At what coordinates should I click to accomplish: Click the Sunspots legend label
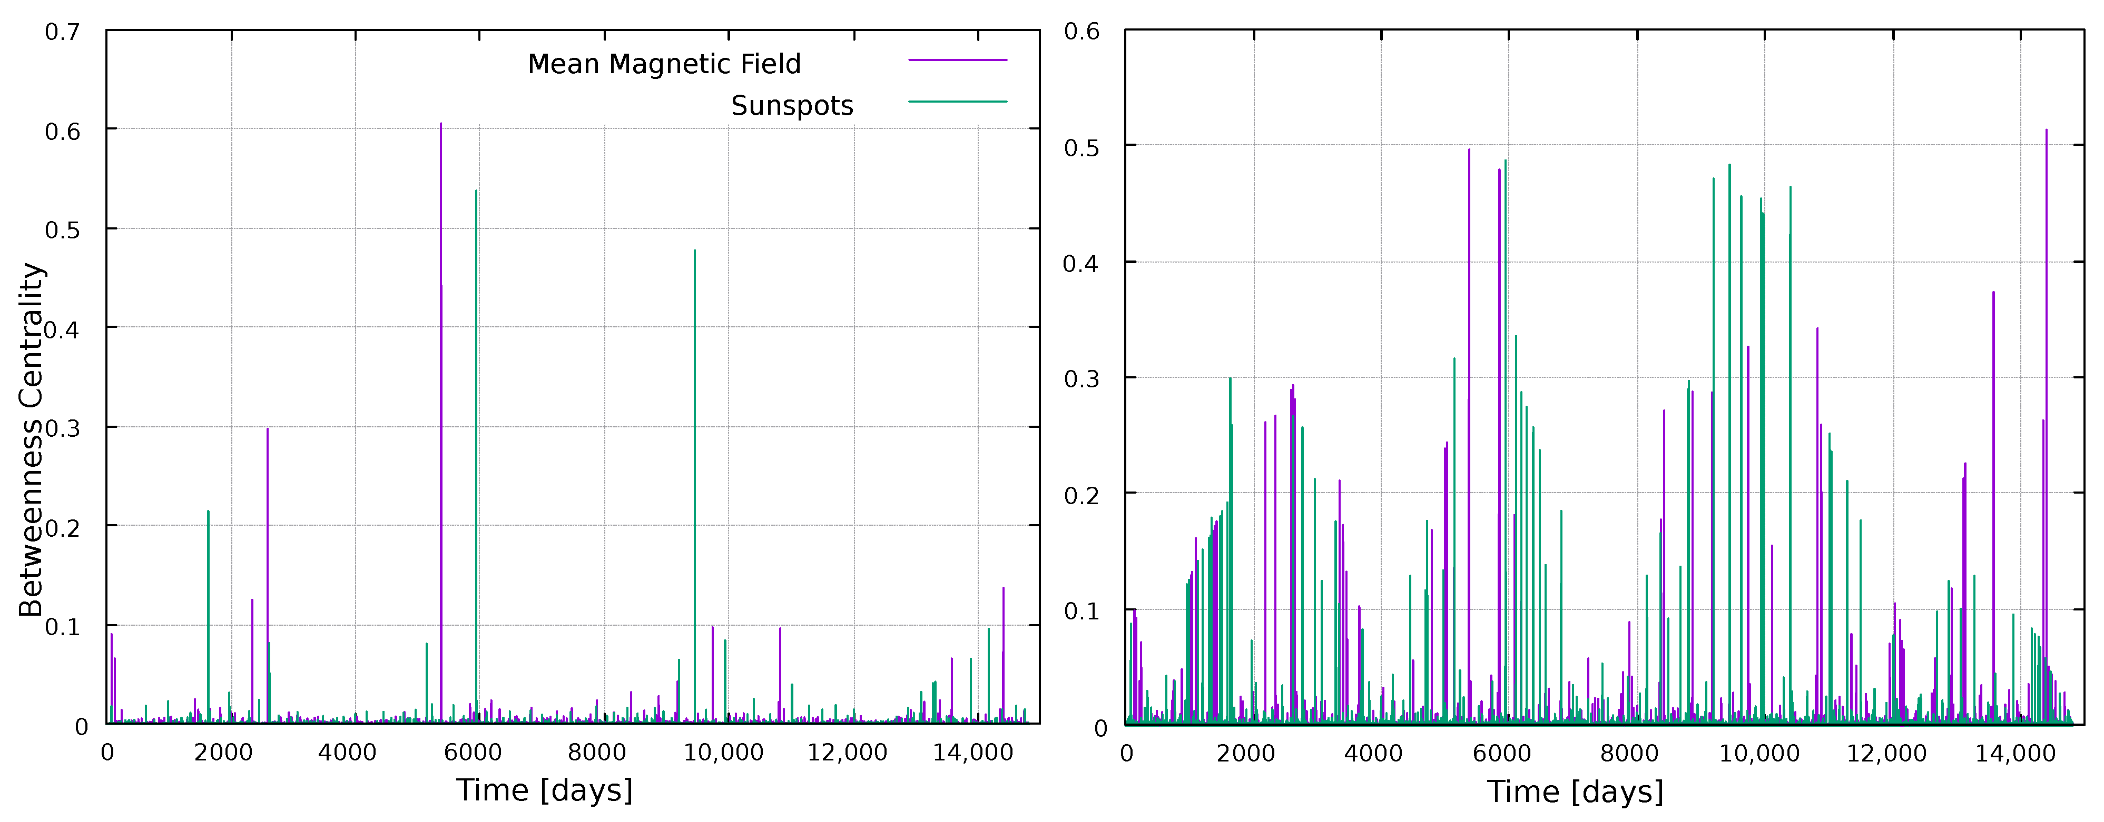tap(791, 105)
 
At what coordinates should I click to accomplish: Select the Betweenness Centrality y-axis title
tap(31, 439)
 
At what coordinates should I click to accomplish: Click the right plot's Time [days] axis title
tap(1575, 791)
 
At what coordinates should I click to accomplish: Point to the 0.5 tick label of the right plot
tap(1082, 148)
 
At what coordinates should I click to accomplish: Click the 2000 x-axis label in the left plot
tap(223, 752)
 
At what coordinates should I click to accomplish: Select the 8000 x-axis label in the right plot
tap(1629, 752)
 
